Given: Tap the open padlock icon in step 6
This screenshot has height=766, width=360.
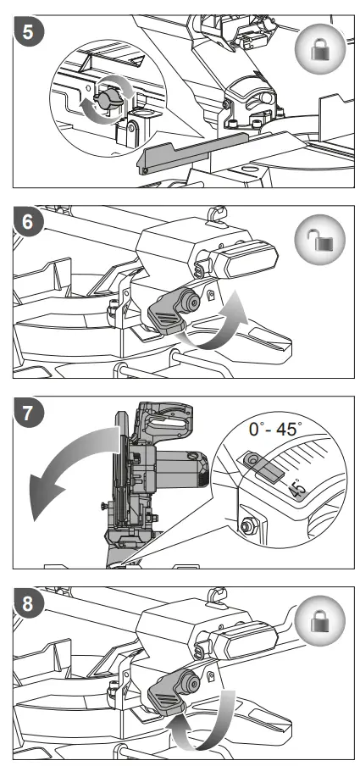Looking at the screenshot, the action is [319, 239].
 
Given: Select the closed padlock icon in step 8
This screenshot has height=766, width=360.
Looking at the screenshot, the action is [320, 620].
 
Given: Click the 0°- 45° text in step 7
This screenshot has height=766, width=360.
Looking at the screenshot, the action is [274, 430].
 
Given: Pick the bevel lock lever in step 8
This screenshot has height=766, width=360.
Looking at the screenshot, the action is [172, 691].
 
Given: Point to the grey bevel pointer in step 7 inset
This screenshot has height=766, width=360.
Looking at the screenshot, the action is [262, 465].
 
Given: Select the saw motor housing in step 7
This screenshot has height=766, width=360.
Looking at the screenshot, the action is [178, 471].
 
